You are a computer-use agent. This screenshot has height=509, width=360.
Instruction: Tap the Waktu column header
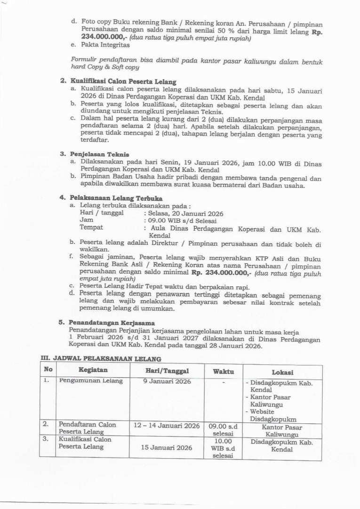(224, 372)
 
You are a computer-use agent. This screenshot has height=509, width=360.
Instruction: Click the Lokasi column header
(282, 372)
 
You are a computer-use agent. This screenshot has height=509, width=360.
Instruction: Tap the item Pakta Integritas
(105, 45)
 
